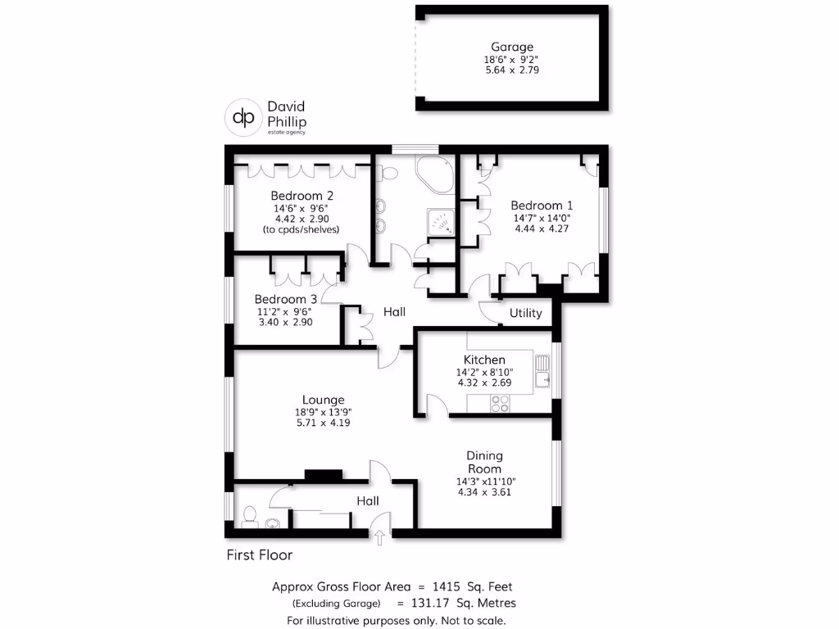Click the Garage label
512,48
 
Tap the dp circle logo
243,117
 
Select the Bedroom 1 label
542,206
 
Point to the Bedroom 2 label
302,196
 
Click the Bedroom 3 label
285,299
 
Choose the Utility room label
525,313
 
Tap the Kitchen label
484,360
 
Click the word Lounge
322,400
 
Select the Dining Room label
484,462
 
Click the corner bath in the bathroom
436,174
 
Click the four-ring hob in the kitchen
498,403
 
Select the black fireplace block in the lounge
323,474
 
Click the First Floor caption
259,555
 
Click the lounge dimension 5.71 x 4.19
322,423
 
